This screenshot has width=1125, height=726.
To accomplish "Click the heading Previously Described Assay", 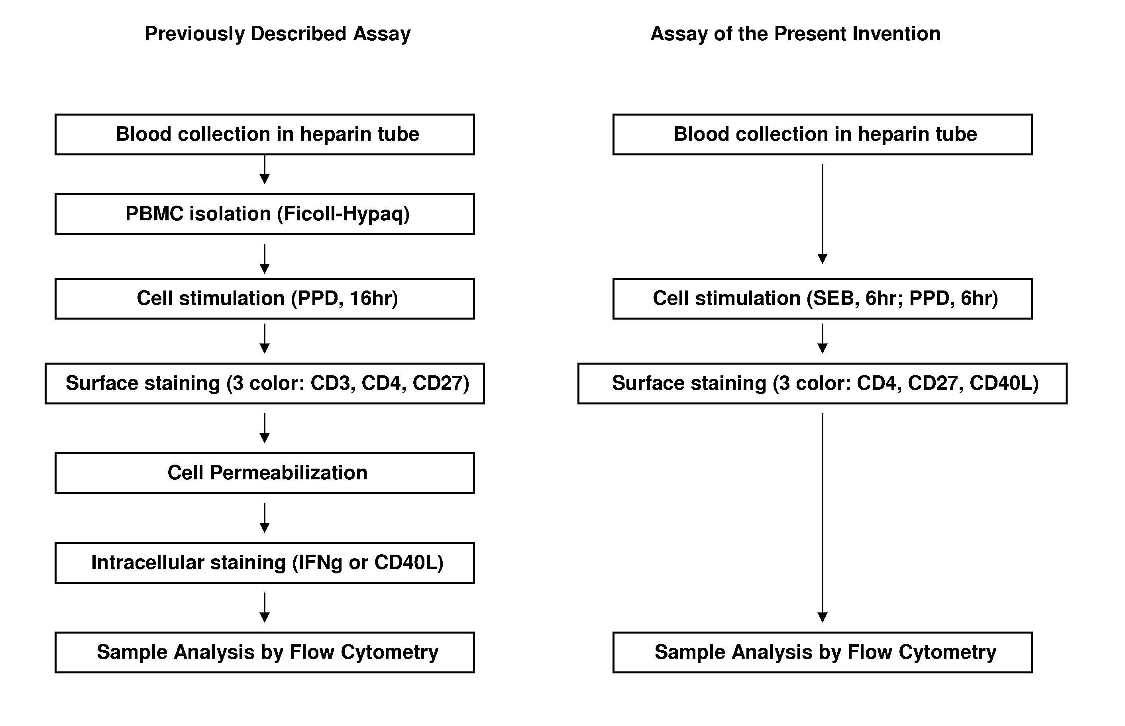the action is click(277, 34).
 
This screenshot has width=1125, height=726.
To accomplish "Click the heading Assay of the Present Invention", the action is click(795, 34).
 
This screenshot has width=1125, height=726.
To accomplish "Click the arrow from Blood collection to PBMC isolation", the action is click(265, 170).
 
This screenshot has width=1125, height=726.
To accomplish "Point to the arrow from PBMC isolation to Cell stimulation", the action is click(265, 259).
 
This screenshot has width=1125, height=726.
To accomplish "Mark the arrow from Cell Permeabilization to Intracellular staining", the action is click(265, 518).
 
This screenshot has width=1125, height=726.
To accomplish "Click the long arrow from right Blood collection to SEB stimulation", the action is click(822, 214).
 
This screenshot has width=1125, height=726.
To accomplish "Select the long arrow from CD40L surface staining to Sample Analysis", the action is click(822, 518).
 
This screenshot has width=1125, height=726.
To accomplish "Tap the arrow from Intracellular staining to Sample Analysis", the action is click(265, 607).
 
